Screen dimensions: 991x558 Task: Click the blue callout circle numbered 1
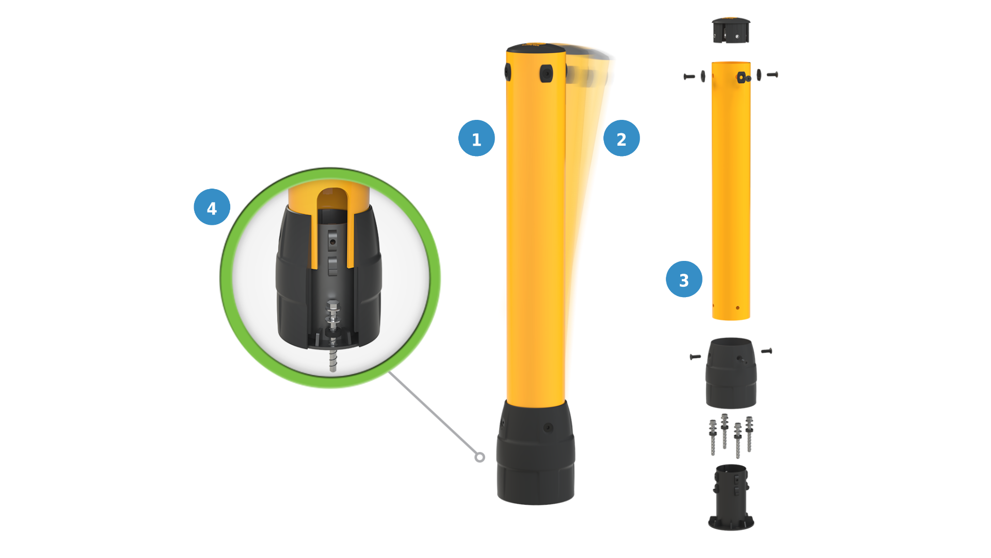click(x=476, y=138)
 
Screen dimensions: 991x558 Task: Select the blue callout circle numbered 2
click(x=621, y=138)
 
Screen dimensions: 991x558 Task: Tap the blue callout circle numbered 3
click(x=684, y=279)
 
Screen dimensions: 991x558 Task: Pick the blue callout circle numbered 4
click(x=212, y=207)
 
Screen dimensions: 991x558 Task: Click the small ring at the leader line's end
click(x=479, y=457)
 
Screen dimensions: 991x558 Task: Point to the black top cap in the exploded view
click(x=731, y=30)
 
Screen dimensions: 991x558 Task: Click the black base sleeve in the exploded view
click(x=731, y=373)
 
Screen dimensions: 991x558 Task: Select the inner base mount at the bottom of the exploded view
click(x=731, y=497)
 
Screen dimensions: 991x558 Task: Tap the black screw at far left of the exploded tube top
click(x=689, y=76)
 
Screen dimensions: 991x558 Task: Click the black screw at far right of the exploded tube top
click(x=772, y=75)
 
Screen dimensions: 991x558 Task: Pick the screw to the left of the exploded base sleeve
click(x=695, y=357)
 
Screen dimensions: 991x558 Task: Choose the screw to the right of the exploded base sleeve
click(x=766, y=351)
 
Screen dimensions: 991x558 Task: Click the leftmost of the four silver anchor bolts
click(x=713, y=437)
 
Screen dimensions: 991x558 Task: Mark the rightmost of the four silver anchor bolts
click(x=749, y=434)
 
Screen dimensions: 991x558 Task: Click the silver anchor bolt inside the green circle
click(x=333, y=336)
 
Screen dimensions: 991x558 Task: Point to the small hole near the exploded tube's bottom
click(x=738, y=308)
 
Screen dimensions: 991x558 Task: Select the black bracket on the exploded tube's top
click(x=743, y=78)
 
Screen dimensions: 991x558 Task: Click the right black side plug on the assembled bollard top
click(x=546, y=73)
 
